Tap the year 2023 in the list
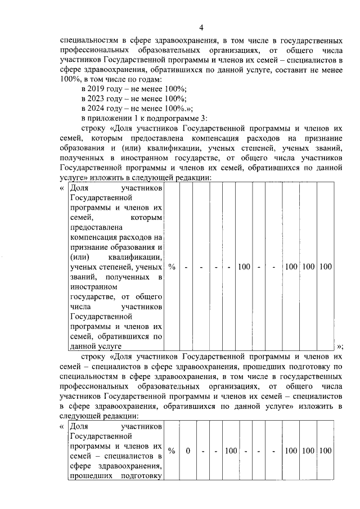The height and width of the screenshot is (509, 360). click(100, 99)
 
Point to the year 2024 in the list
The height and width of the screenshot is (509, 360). click(100, 109)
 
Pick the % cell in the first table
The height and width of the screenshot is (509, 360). click(172, 267)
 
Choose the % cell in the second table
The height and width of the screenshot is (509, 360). click(172, 451)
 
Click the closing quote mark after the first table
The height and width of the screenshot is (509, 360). click(339, 346)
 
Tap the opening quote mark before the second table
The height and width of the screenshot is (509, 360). click(61, 427)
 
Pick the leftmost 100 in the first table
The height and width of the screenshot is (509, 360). click(244, 267)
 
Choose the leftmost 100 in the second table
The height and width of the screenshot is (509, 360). click(231, 451)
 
